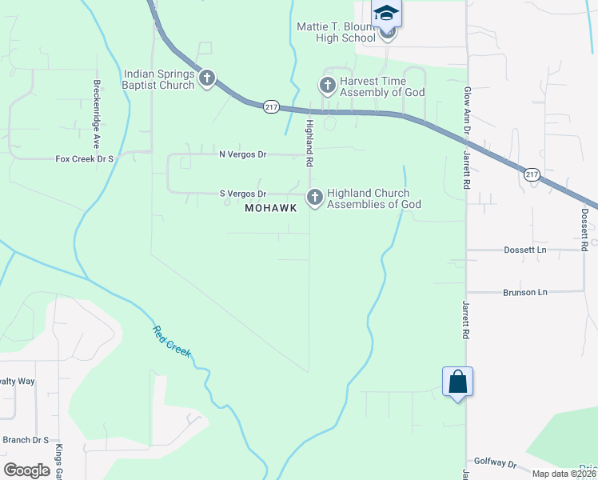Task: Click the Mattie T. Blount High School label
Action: pos(336,32)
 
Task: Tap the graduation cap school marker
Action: pos(386,14)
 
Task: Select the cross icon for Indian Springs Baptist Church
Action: pos(207,78)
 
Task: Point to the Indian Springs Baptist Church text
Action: pos(159,79)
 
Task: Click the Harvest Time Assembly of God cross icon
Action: pos(327,84)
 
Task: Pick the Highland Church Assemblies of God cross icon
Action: pos(315,196)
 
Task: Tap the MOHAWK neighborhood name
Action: pos(271,208)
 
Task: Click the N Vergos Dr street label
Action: pos(243,154)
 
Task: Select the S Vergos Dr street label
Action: pos(243,194)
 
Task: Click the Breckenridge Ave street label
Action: pos(96,112)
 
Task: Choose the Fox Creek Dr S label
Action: pos(85,159)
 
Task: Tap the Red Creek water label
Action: pos(172,342)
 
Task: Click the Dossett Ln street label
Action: pos(524,250)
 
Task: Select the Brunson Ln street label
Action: pos(524,292)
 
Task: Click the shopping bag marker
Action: pos(457,382)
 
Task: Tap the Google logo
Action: pos(27,470)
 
